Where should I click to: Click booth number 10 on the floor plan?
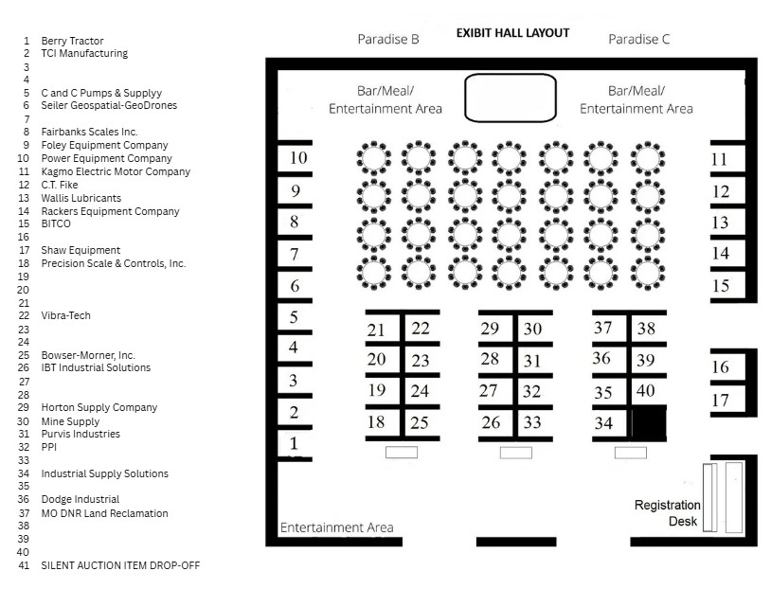click(x=297, y=157)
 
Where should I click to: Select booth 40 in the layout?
click(x=645, y=390)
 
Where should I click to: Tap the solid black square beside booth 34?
click(x=649, y=421)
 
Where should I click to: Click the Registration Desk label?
click(x=667, y=513)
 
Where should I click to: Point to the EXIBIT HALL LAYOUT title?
click(x=512, y=32)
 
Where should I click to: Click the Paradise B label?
click(x=387, y=40)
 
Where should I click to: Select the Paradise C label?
click(x=638, y=40)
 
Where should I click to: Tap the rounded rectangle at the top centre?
click(x=510, y=98)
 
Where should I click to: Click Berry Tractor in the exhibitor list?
click(x=72, y=41)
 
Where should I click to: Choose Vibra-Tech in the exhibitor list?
click(x=65, y=315)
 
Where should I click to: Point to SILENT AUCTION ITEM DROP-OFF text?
click(x=120, y=565)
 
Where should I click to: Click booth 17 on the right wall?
click(x=720, y=401)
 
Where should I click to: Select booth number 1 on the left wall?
click(x=294, y=443)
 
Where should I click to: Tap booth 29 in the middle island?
click(x=490, y=329)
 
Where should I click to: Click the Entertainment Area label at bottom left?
click(x=336, y=527)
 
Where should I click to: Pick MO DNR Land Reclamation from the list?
click(x=104, y=513)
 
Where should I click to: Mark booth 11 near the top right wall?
click(x=720, y=159)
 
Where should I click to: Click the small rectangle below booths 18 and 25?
click(x=402, y=453)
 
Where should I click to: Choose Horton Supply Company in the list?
click(x=99, y=407)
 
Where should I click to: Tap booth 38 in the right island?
click(x=646, y=329)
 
